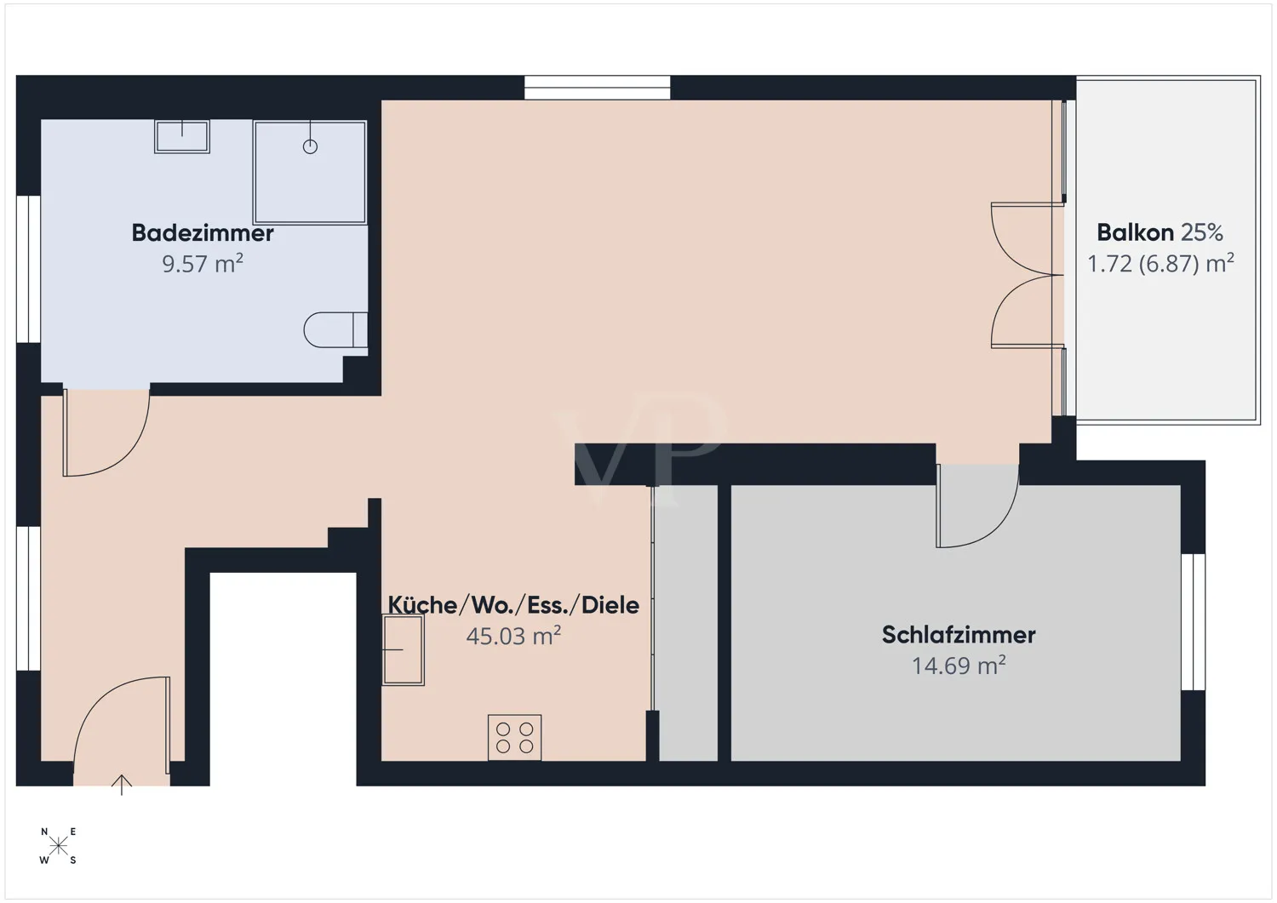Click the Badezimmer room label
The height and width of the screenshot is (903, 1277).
click(x=203, y=233)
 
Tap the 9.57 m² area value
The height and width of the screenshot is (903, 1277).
click(x=203, y=264)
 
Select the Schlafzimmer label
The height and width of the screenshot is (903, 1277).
click(x=959, y=635)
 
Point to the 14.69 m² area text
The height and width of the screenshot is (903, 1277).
click(x=959, y=666)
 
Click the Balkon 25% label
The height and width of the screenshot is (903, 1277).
click(x=1160, y=232)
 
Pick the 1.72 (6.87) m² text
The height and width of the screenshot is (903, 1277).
click(x=1160, y=264)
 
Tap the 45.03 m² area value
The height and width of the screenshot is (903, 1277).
click(x=513, y=636)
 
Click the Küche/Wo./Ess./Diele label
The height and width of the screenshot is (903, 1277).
click(x=513, y=605)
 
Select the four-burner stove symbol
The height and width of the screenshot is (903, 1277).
click(x=514, y=737)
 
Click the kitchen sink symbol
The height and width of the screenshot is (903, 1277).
click(x=403, y=650)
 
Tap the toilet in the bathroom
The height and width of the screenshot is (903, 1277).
click(x=335, y=330)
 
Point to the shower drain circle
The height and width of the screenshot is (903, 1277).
click(x=310, y=146)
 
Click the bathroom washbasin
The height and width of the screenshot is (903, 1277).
click(x=182, y=136)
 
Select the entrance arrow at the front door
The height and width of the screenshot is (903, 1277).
click(x=122, y=784)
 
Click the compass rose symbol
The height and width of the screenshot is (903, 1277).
click(x=59, y=846)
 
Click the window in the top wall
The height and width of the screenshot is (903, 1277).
click(x=597, y=88)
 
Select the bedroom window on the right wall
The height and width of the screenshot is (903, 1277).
click(x=1194, y=621)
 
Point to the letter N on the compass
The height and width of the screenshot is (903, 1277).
click(x=44, y=832)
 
